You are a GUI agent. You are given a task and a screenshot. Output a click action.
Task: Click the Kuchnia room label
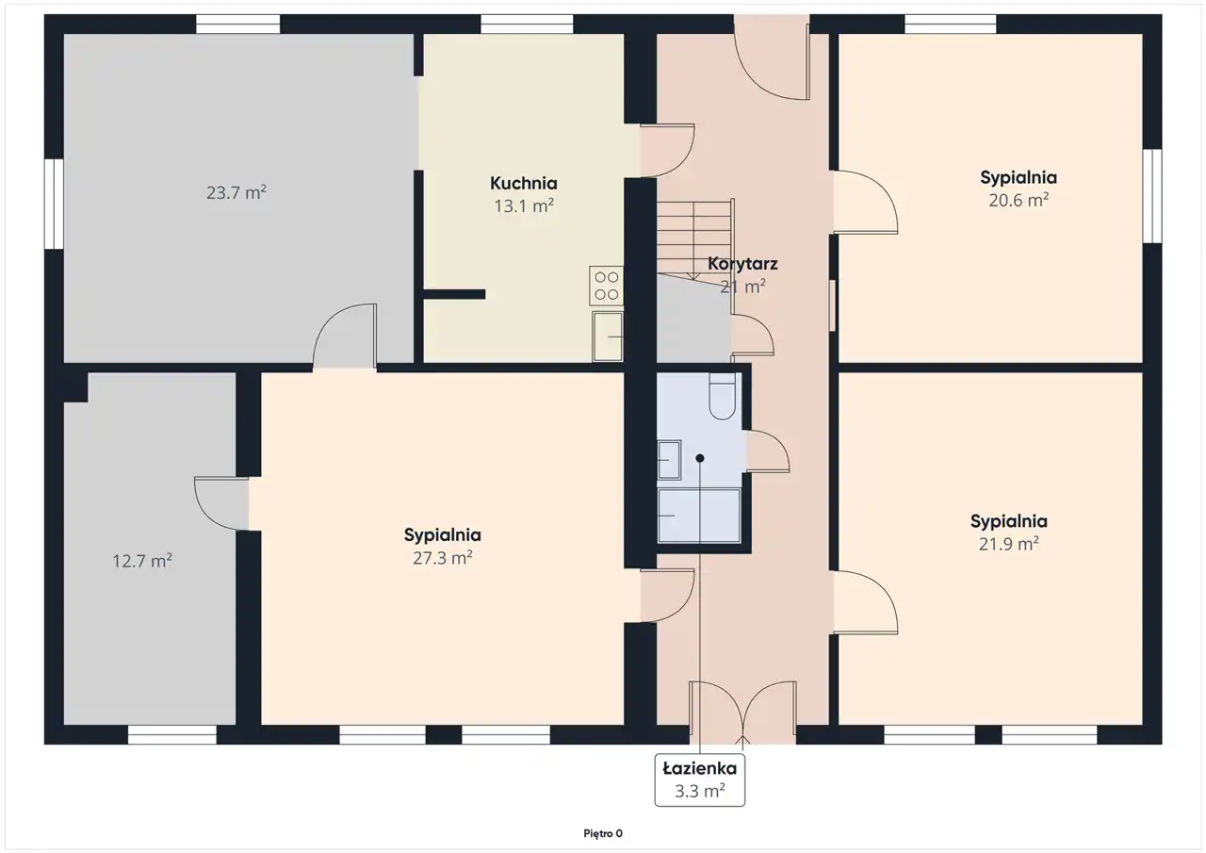coord(523,183)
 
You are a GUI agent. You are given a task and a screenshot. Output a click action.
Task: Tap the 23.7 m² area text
coord(236,192)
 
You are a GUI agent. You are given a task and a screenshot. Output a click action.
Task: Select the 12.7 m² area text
coord(142,561)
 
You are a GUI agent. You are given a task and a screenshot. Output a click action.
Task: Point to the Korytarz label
coord(742,264)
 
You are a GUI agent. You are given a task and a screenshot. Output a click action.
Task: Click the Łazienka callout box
coord(699,779)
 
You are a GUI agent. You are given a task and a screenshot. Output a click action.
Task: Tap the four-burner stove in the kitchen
coord(606,286)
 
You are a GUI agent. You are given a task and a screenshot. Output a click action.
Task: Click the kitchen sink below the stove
coord(608,336)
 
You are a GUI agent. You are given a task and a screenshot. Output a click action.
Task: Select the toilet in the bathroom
coord(722,396)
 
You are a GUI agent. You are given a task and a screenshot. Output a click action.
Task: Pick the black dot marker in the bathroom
coord(699,458)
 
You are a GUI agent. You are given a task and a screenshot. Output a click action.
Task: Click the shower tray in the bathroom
coord(699,516)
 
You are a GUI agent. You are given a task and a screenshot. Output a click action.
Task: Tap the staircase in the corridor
coord(694,239)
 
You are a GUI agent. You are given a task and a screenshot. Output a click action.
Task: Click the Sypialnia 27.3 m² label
coord(443,546)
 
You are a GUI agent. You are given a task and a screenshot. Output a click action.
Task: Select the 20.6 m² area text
coord(1019,201)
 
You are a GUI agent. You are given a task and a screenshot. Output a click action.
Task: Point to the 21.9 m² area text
coord(1008,544)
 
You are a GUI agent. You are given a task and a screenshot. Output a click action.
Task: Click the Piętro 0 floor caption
coord(603,833)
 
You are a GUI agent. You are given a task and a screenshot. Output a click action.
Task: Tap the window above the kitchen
coord(527,25)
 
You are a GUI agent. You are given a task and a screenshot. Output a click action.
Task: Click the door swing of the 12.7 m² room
coord(214,503)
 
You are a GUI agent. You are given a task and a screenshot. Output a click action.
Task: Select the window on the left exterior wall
coord(54,204)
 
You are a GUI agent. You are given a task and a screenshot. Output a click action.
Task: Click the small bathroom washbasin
coord(669,460)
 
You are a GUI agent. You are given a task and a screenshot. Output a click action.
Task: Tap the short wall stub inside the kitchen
coord(454,294)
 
